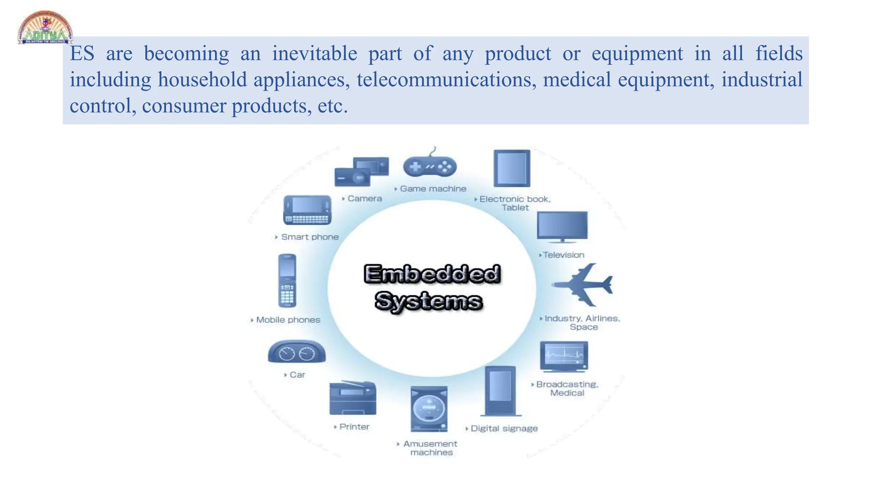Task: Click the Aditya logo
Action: (45, 28)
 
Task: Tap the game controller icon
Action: (430, 166)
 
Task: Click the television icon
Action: (562, 227)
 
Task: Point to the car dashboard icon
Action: (296, 352)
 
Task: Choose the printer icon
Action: (353, 398)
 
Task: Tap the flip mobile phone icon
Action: (287, 281)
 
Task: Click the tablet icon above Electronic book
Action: (512, 168)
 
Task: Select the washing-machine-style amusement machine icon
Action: (429, 409)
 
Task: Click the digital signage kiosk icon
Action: (500, 391)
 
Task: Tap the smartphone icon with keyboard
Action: (307, 210)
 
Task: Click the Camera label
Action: (364, 198)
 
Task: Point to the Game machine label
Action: (433, 189)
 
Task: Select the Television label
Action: (563, 255)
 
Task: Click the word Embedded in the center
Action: (432, 274)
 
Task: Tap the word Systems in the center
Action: (428, 301)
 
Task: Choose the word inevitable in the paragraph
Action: (315, 54)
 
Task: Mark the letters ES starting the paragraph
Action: (82, 54)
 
